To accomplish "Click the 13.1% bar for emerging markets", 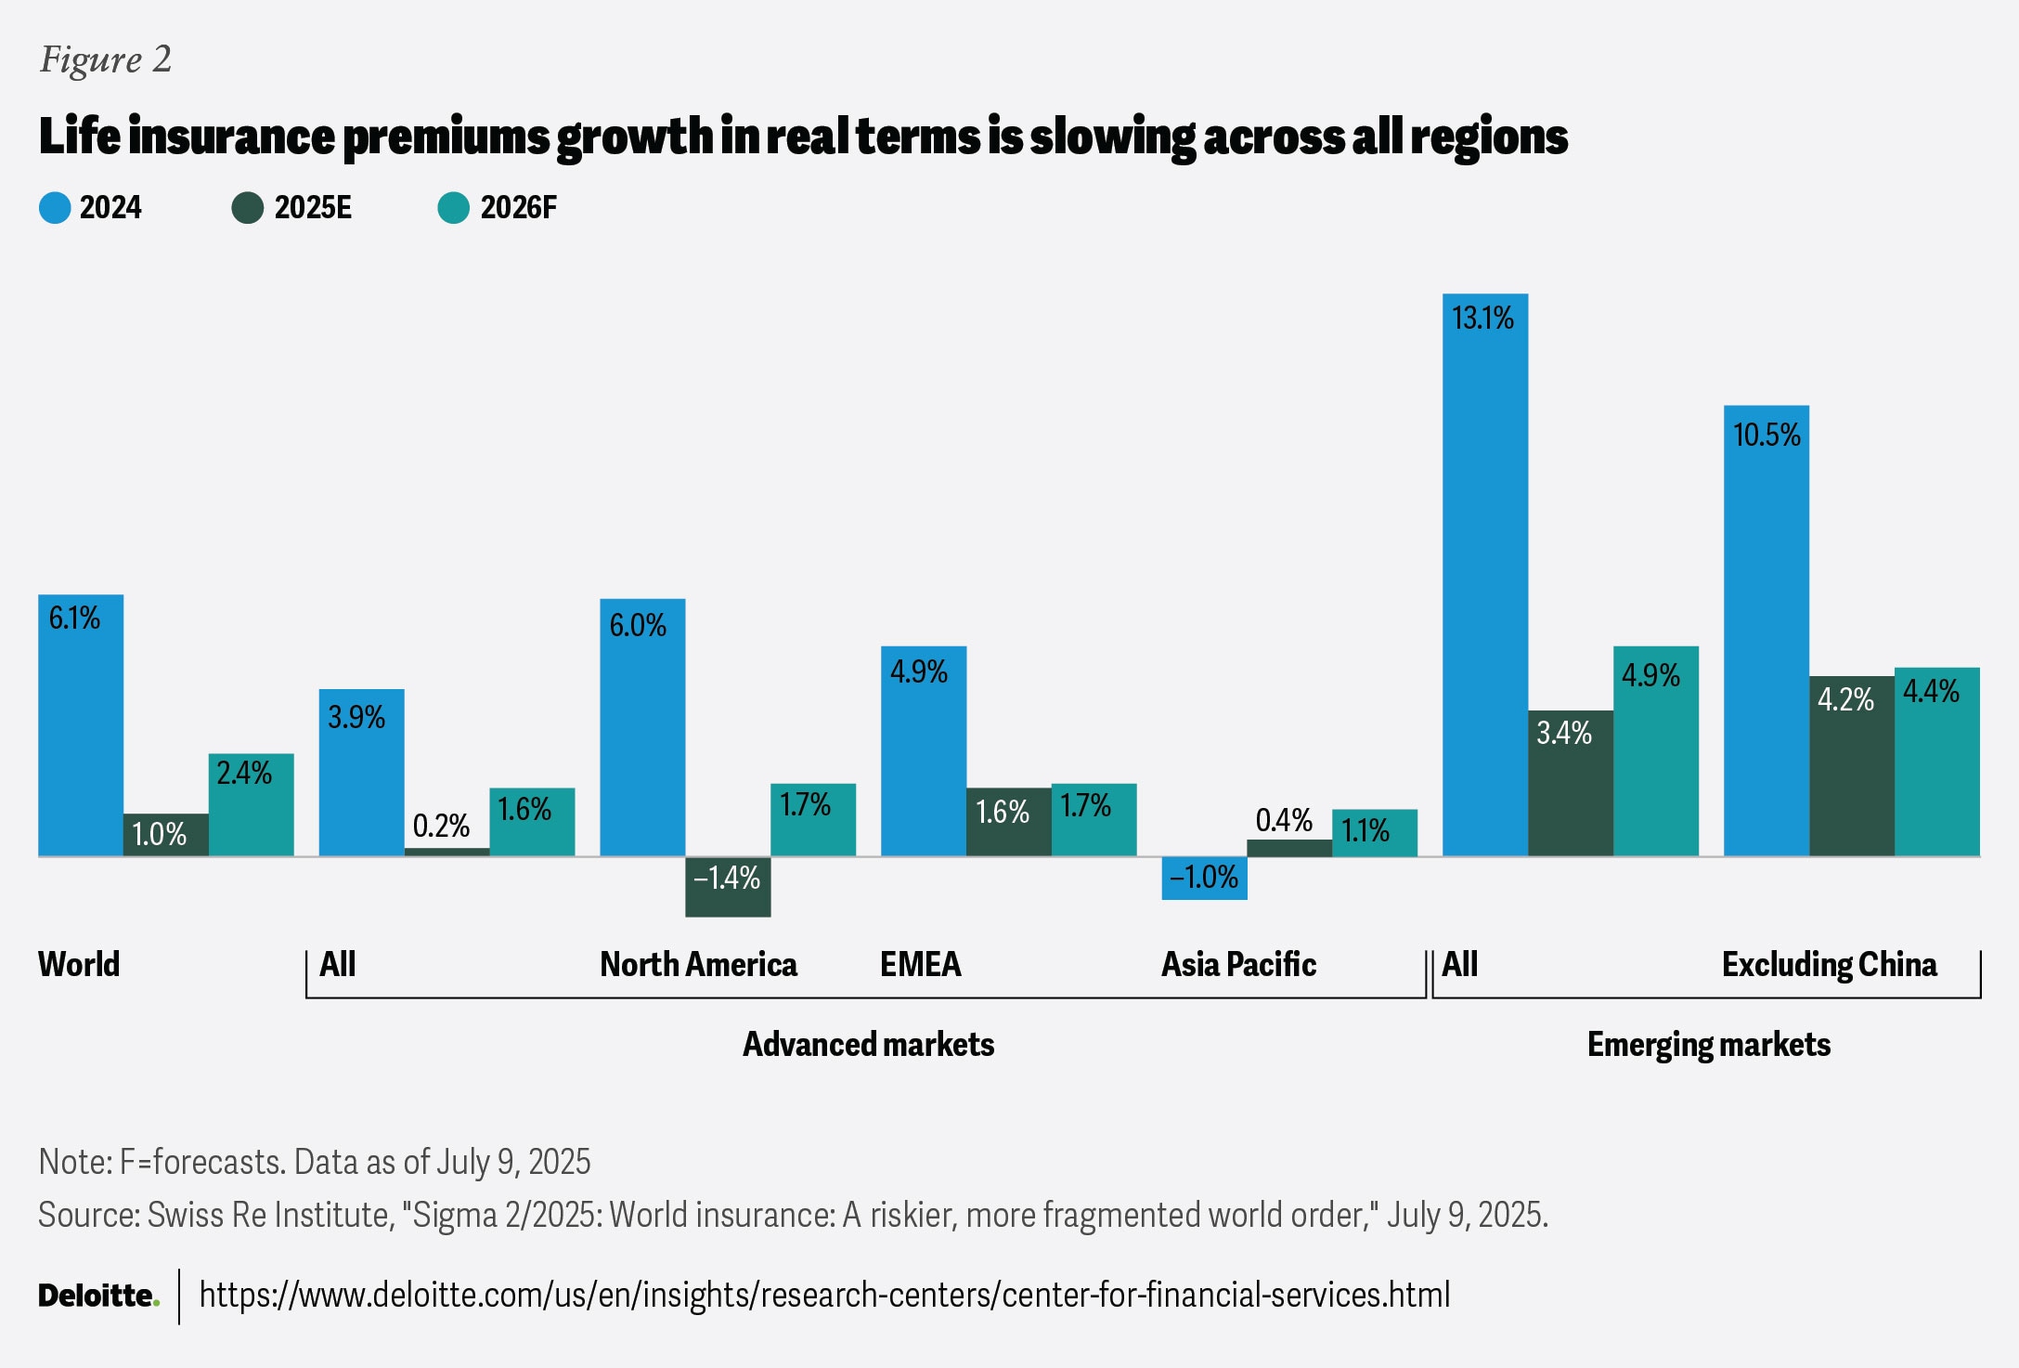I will pyautogui.click(x=1484, y=576).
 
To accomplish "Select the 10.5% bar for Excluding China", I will pyautogui.click(x=1766, y=632).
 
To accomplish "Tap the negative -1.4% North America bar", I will pyautogui.click(x=728, y=887).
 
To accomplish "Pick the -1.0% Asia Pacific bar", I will pyautogui.click(x=1204, y=878).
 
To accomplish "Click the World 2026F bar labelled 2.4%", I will pyautogui.click(x=251, y=804).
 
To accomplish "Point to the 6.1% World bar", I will pyautogui.click(x=81, y=724).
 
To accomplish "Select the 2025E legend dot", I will pyautogui.click(x=248, y=208).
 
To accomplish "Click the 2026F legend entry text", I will pyautogui.click(x=518, y=208).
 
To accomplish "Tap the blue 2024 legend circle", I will pyautogui.click(x=55, y=208).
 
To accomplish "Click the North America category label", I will pyautogui.click(x=698, y=965).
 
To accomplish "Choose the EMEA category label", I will pyautogui.click(x=920, y=965).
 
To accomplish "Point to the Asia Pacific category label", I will pyautogui.click(x=1238, y=965).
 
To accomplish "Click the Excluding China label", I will pyautogui.click(x=1829, y=965).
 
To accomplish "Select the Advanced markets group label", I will pyautogui.click(x=868, y=1045).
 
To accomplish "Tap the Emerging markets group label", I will pyautogui.click(x=1708, y=1045).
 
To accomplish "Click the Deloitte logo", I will pyautogui.click(x=98, y=1296).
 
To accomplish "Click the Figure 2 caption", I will pyautogui.click(x=106, y=59).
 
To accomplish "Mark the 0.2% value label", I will pyautogui.click(x=441, y=826).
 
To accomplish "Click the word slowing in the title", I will pyautogui.click(x=1112, y=137).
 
